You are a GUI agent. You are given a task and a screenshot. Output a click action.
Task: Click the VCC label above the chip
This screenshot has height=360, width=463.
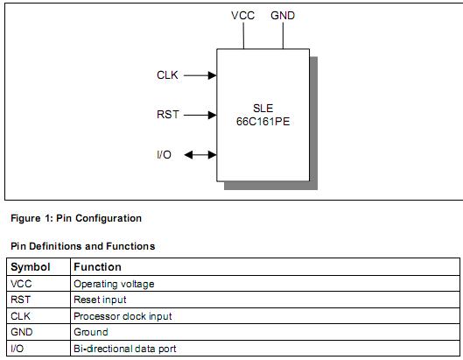tap(243, 16)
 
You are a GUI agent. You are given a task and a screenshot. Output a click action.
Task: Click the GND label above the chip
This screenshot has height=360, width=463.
tap(283, 16)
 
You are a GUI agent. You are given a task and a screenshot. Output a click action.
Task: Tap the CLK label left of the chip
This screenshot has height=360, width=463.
tap(167, 75)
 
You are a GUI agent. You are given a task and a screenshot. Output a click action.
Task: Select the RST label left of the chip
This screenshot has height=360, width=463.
tap(168, 115)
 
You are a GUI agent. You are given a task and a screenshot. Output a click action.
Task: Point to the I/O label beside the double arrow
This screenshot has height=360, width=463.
tap(164, 155)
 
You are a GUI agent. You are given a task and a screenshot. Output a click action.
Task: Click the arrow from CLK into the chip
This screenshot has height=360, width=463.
tap(200, 75)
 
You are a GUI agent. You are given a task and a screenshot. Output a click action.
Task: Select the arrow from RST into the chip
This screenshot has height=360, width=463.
tap(200, 115)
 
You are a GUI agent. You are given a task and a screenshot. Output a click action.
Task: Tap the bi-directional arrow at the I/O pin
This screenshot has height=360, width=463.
tap(200, 155)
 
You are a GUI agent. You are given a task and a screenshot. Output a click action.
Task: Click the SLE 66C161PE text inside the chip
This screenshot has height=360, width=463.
tap(263, 115)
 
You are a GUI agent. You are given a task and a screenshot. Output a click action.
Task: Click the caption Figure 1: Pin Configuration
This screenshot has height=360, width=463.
tap(75, 218)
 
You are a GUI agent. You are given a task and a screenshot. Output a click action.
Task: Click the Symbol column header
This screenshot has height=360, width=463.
tap(31, 266)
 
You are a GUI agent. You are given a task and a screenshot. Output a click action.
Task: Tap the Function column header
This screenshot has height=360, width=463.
tap(97, 266)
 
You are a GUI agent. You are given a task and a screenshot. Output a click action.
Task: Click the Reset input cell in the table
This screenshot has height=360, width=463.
tap(100, 300)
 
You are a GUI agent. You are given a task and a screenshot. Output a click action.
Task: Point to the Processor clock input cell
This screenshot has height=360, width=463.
tap(123, 316)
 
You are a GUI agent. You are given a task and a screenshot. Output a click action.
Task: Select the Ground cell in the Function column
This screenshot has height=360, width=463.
tap(91, 332)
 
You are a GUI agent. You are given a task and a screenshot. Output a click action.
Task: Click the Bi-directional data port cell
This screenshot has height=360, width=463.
tap(125, 349)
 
